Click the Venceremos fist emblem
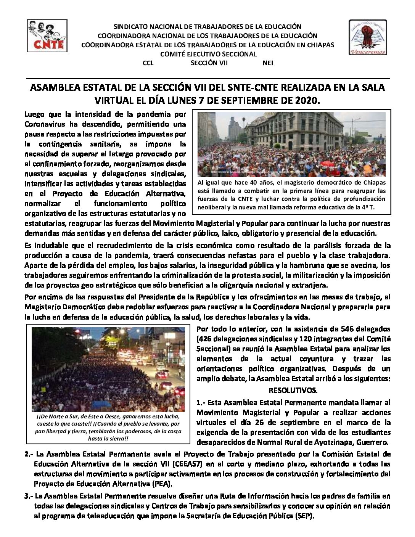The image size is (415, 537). [x=367, y=37]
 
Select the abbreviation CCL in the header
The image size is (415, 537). [x=148, y=63]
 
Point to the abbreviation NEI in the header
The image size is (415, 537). [x=268, y=63]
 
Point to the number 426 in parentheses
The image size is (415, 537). [x=207, y=339]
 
